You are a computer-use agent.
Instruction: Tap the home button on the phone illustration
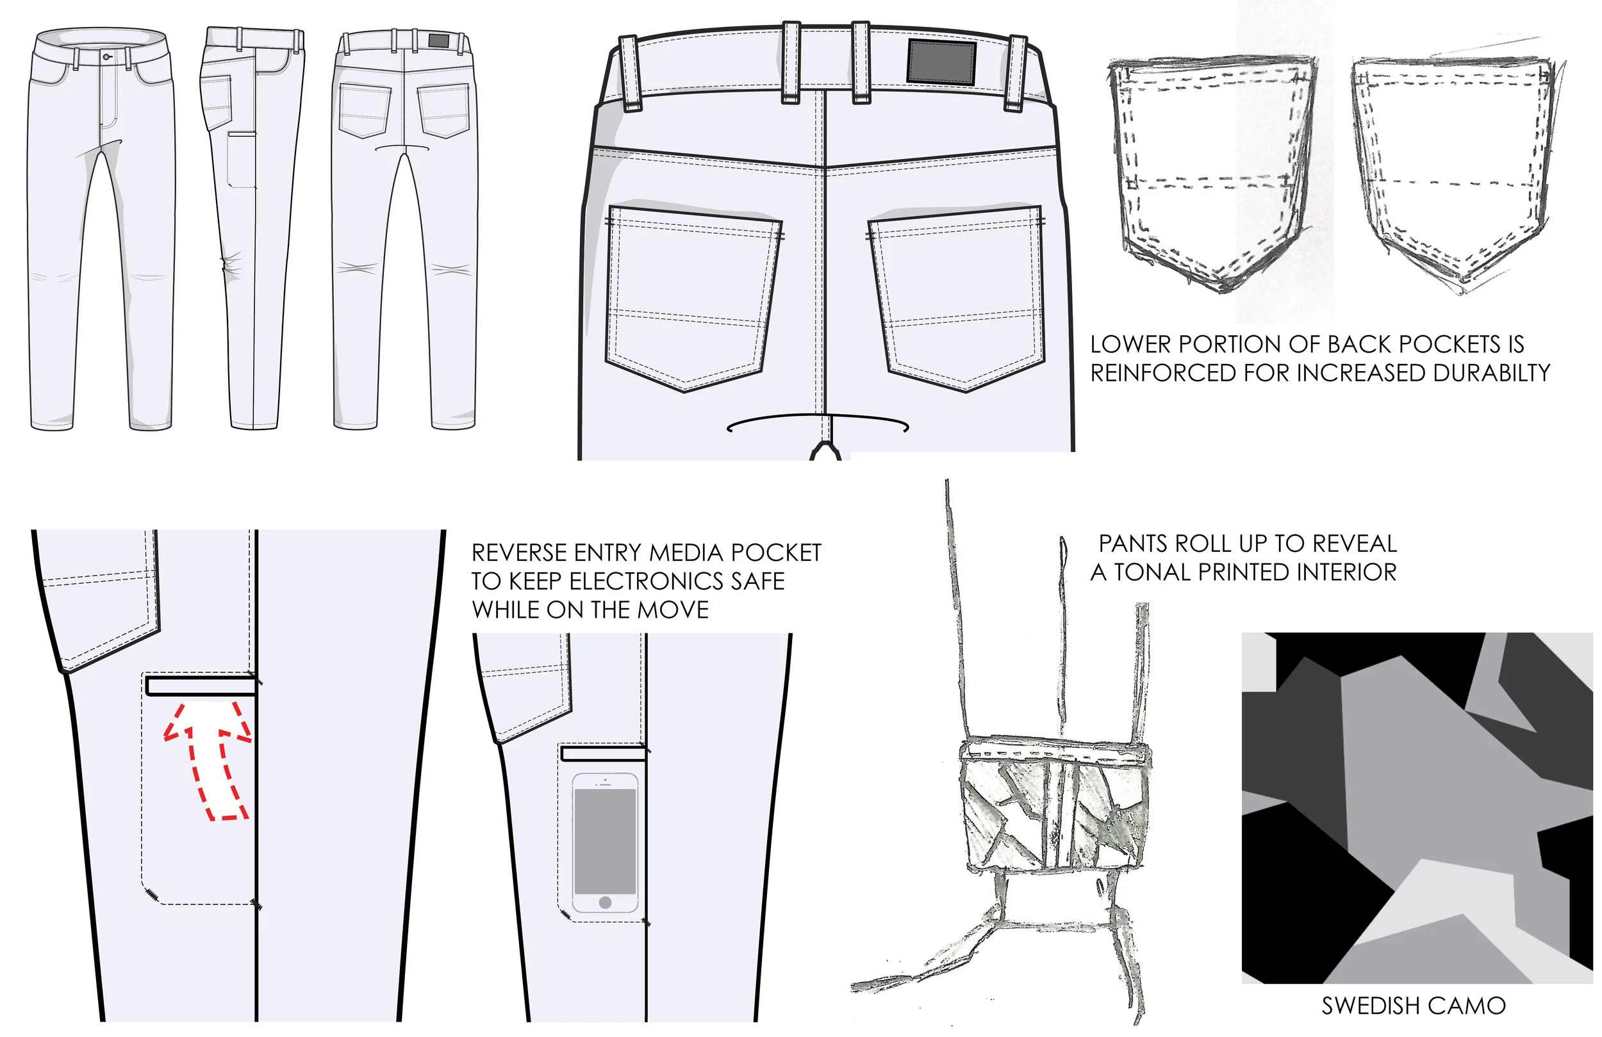click(x=605, y=902)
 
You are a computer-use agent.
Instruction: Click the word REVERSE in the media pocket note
click(x=520, y=553)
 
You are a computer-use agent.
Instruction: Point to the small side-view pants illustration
click(x=252, y=229)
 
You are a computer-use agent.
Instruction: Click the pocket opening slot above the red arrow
click(x=201, y=686)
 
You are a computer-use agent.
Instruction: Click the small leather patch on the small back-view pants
click(x=438, y=40)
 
